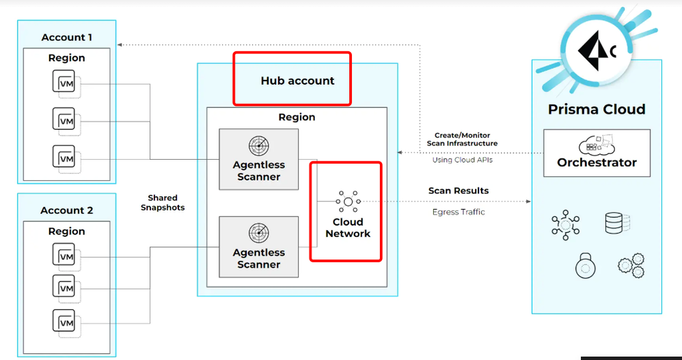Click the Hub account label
297,81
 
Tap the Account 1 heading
66,38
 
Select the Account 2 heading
66,210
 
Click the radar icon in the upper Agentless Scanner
258,145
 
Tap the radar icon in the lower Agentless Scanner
258,233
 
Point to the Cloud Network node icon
348,202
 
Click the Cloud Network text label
348,227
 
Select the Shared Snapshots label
163,203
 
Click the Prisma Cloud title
597,109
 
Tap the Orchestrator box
597,153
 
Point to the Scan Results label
459,191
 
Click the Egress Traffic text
459,212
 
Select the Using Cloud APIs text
463,160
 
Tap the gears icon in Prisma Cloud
629,266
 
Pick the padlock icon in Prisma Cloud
586,265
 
